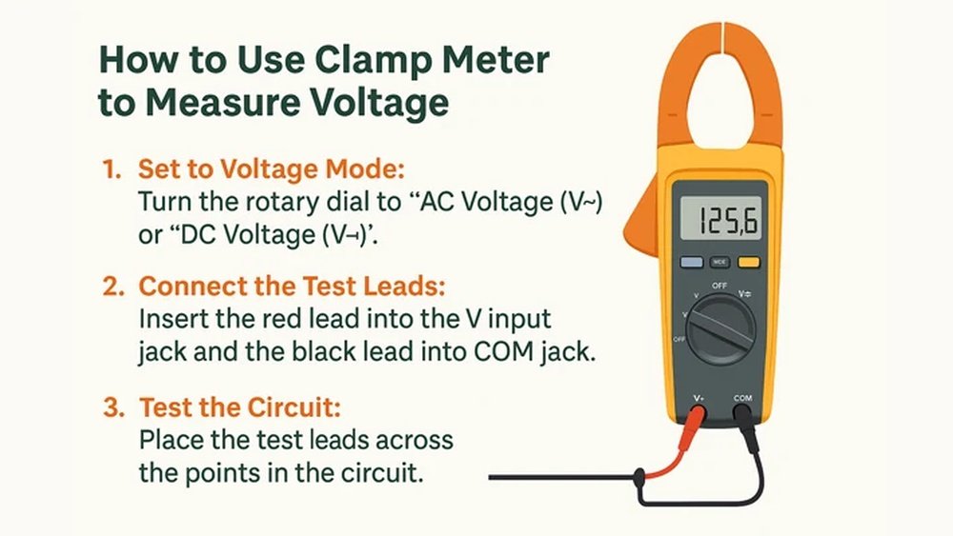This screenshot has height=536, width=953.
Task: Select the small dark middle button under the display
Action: click(720, 261)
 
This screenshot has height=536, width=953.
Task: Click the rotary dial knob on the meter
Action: click(720, 328)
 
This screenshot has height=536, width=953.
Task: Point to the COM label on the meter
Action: click(743, 396)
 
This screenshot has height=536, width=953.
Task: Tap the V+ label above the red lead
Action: click(698, 396)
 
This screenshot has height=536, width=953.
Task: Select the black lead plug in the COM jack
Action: click(743, 419)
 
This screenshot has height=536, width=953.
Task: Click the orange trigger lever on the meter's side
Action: click(641, 214)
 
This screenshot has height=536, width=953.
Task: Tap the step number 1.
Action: click(111, 169)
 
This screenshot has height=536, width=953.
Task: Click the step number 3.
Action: click(112, 407)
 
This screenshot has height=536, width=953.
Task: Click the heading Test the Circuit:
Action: click(240, 407)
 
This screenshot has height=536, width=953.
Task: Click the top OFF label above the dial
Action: click(720, 286)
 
